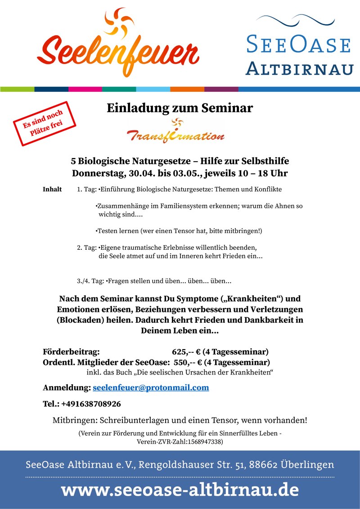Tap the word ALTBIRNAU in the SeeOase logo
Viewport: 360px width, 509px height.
pos(299,69)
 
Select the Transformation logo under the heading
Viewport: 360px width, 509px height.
pos(175,131)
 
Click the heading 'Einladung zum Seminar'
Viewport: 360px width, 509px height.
pos(180,108)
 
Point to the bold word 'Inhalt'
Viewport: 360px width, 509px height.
pos(52,189)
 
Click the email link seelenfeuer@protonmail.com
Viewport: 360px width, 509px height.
pos(151,387)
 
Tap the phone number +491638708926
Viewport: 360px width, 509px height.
pos(91,404)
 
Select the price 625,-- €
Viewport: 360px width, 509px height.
pos(186,351)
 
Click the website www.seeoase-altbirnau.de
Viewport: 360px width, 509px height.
pos(180,490)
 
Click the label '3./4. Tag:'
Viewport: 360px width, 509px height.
pos(90,281)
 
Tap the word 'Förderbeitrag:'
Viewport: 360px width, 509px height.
pos(71,351)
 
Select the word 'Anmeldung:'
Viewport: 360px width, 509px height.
pos(67,387)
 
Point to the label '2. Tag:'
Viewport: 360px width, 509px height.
pos(87,248)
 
